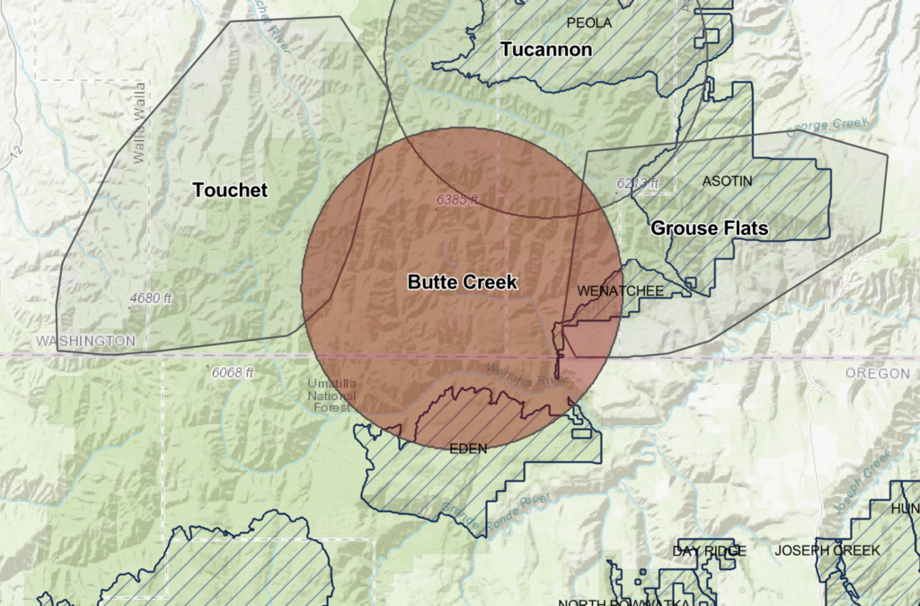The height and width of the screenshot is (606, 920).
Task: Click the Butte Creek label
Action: pyautogui.click(x=462, y=281)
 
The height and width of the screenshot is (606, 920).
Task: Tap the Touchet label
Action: pyautogui.click(x=230, y=190)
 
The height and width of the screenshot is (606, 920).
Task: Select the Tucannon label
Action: pyautogui.click(x=546, y=49)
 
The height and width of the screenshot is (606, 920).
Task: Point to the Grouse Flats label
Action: pyautogui.click(x=709, y=228)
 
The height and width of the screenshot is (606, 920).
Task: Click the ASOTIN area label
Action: pyautogui.click(x=727, y=182)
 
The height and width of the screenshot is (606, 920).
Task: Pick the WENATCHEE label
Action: pyautogui.click(x=620, y=291)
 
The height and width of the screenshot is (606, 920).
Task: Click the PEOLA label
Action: pyautogui.click(x=588, y=22)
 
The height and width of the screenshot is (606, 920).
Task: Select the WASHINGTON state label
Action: pyautogui.click(x=85, y=341)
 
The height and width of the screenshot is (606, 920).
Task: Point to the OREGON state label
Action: pyautogui.click(x=877, y=373)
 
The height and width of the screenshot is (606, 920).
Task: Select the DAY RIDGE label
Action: pyautogui.click(x=709, y=550)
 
